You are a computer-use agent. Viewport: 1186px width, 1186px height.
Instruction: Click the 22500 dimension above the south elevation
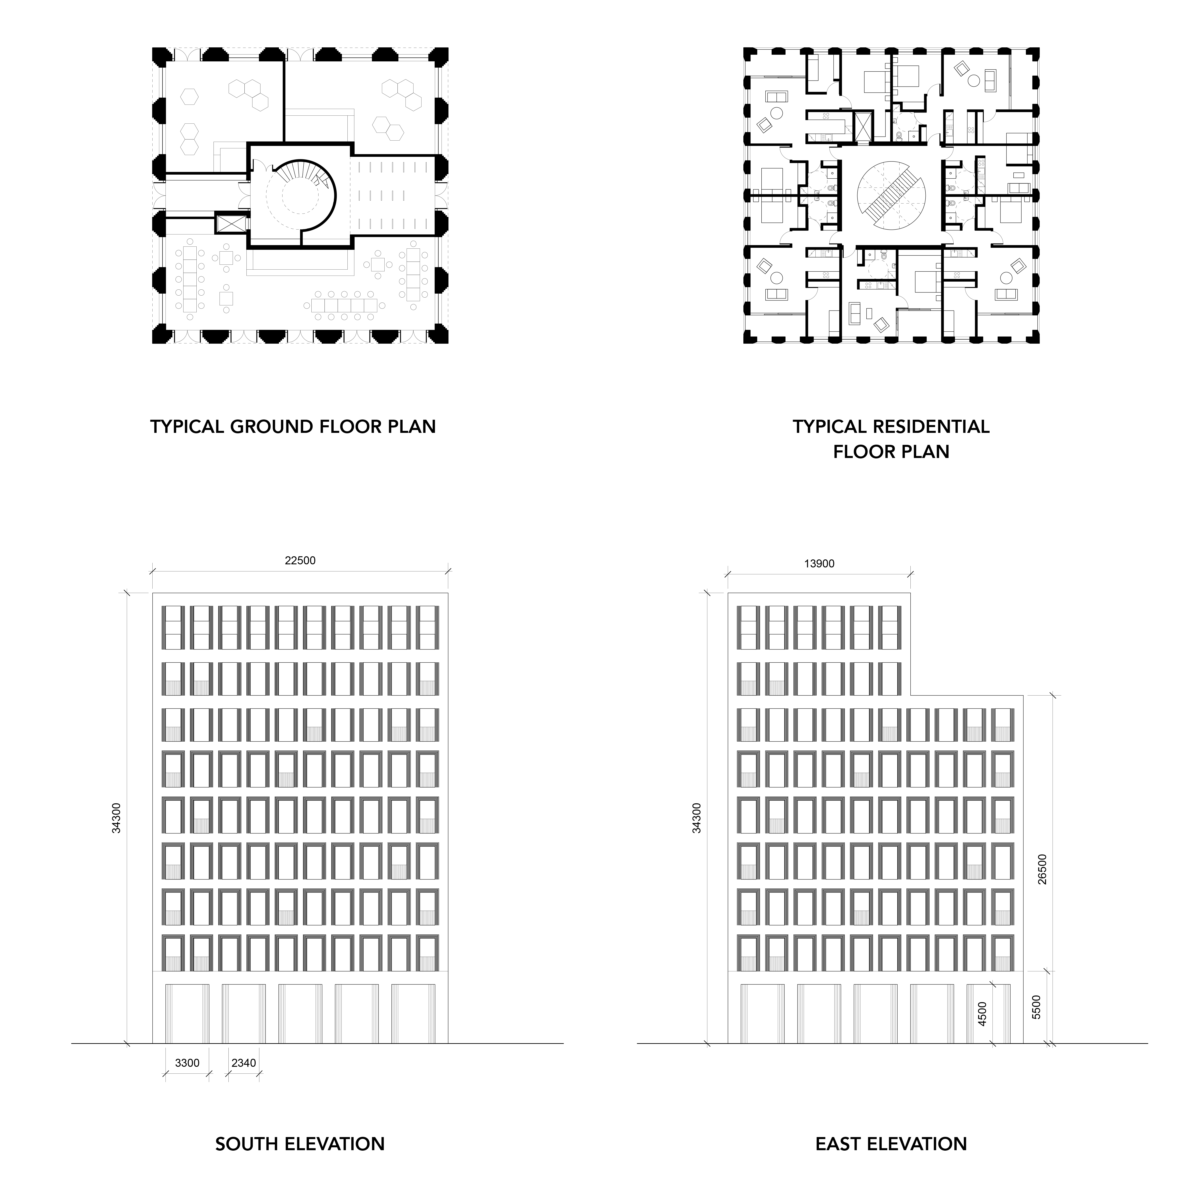click(300, 561)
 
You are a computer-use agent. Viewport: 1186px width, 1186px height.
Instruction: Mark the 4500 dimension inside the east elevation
click(982, 1013)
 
